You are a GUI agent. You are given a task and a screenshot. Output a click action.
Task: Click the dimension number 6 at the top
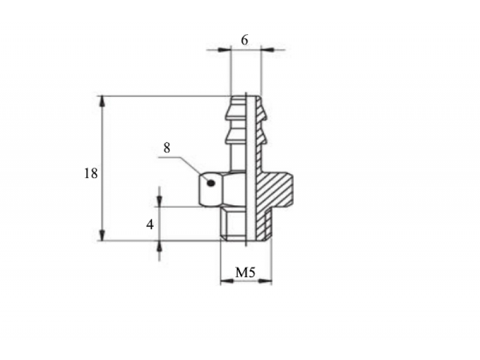[244, 40]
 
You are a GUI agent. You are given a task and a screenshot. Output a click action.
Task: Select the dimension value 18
[91, 173]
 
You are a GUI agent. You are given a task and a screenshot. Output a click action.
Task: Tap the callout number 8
[167, 148]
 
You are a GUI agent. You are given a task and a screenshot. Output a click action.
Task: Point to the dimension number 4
[149, 224]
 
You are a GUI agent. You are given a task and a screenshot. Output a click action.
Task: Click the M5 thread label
[245, 272]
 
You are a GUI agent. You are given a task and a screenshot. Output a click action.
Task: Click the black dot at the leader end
[211, 184]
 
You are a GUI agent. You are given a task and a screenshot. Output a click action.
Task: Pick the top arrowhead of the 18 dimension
[102, 101]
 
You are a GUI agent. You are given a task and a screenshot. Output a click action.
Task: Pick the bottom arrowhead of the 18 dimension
[102, 235]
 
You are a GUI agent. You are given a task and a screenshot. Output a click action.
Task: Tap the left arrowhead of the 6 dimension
[224, 50]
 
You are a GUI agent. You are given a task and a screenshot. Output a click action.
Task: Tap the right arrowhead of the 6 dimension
[268, 50]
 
